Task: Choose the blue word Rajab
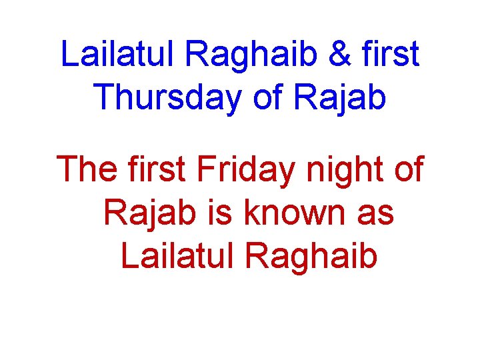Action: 341,97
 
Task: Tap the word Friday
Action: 244,169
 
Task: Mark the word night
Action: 339,169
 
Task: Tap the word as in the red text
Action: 376,213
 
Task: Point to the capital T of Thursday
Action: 103,97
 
